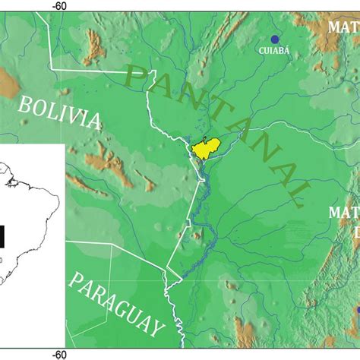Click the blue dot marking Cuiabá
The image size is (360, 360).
(275, 39)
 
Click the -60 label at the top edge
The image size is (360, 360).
(59, 5)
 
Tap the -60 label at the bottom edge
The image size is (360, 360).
(59, 354)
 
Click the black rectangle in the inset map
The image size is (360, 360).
(3, 238)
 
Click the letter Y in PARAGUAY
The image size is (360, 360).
(156, 328)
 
